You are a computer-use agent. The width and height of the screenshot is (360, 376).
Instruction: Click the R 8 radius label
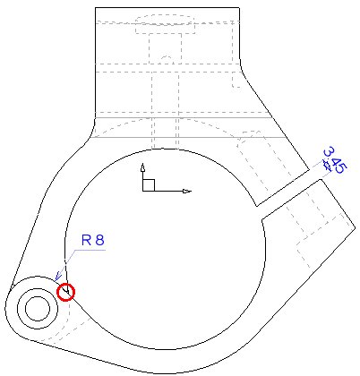click(93, 240)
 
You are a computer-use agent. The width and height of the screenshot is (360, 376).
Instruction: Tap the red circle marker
click(65, 292)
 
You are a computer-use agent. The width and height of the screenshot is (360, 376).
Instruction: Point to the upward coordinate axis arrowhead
click(143, 167)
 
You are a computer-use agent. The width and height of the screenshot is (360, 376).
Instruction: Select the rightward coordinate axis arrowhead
click(187, 191)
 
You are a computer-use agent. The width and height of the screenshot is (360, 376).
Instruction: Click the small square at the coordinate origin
click(149, 185)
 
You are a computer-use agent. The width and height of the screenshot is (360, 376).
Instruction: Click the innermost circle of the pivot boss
click(38, 309)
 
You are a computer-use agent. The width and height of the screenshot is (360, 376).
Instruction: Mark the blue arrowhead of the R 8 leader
click(57, 277)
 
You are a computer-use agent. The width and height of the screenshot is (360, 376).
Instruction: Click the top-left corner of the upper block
click(95, 7)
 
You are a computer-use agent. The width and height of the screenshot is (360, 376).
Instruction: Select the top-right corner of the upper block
click(239, 7)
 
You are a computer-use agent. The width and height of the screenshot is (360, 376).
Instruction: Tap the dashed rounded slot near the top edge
click(166, 24)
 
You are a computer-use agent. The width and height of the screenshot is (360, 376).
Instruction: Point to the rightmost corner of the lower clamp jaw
click(356, 227)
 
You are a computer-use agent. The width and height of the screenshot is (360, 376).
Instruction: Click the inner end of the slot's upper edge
click(257, 206)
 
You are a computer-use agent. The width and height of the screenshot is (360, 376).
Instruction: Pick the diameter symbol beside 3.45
click(327, 166)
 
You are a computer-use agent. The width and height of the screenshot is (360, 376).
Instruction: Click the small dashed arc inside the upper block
click(167, 56)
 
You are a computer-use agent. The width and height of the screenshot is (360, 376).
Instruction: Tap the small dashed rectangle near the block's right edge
click(237, 81)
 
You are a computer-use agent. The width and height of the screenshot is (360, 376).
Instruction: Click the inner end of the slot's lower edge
click(261, 220)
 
